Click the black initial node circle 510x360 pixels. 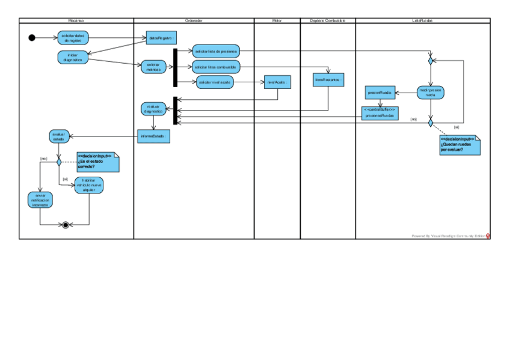tap(32, 38)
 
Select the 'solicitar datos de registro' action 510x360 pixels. tap(73, 38)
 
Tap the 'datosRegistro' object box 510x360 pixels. tap(161, 38)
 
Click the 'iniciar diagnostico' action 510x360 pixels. tap(73, 57)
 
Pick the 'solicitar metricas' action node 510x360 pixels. tap(153, 67)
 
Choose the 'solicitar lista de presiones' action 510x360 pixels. tap(215, 51)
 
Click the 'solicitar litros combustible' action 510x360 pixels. tap(215, 66)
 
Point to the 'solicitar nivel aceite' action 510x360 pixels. tap(215, 81)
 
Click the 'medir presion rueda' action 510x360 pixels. tap(431, 93)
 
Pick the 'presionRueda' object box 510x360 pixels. tap(379, 93)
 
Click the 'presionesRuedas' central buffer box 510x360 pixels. tap(379, 113)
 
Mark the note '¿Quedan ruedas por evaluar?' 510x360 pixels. tap(460, 145)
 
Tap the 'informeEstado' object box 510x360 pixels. tap(153, 136)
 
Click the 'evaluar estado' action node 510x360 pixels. tap(58, 136)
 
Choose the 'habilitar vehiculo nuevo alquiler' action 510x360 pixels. tap(89, 186)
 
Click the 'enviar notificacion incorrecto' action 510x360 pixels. tap(40, 201)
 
